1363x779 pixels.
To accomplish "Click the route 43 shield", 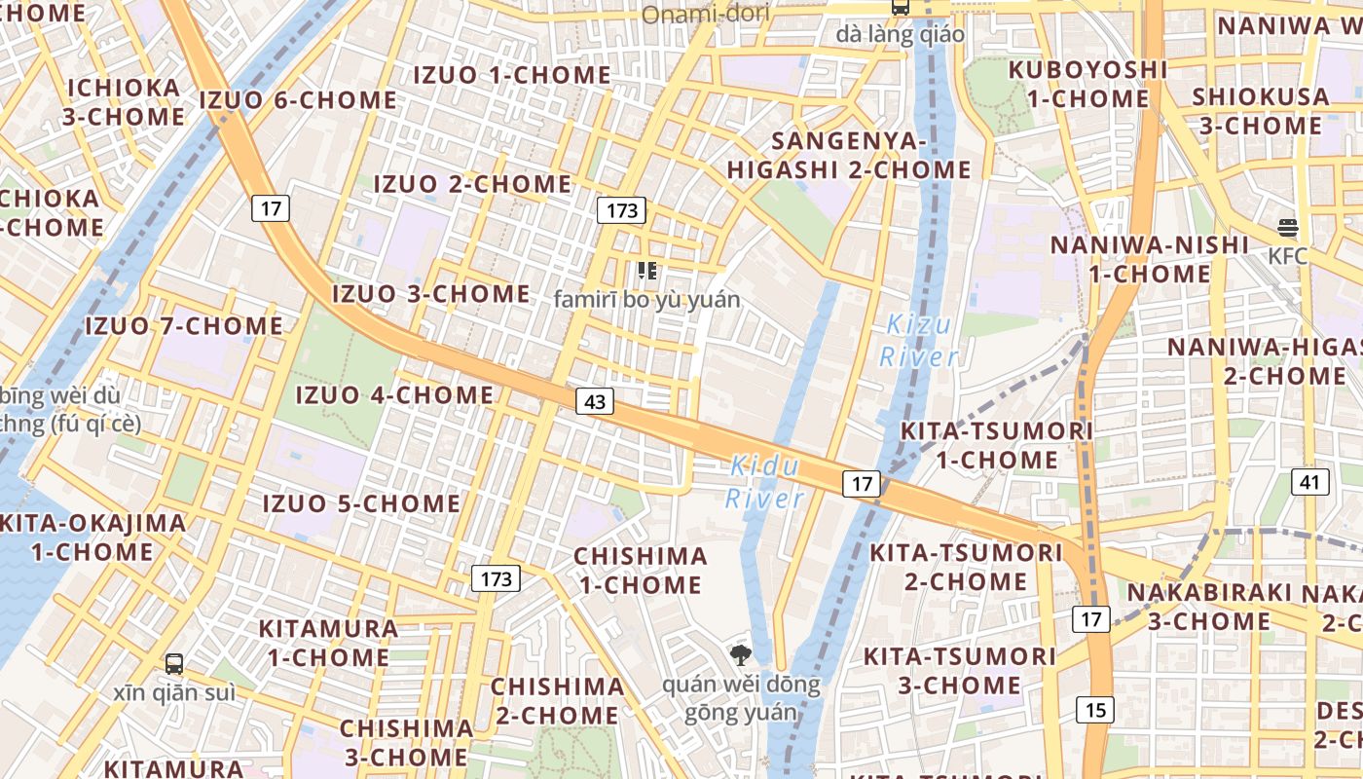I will pos(594,401).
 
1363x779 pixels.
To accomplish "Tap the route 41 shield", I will pos(1310,481).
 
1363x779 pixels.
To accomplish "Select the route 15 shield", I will pos(1095,710).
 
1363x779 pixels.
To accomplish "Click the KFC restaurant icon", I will pos(1288,229).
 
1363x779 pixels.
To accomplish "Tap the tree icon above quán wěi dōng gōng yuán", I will pos(740,654).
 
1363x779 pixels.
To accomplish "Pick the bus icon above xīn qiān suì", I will pos(174,664).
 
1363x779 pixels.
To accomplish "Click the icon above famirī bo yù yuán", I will pos(646,271).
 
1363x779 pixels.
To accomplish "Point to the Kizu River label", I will pos(918,341).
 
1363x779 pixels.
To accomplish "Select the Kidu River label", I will pos(765,482).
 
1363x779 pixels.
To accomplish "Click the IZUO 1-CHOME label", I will pos(512,75).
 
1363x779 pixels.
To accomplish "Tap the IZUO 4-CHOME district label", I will pos(394,394).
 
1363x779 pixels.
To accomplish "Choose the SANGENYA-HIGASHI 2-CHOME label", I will pos(849,156).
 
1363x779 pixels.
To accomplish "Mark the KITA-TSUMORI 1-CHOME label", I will pos(983,445).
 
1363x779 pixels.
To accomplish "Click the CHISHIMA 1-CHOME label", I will pos(641,571).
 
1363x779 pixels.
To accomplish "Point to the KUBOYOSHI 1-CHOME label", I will pos(1087,84).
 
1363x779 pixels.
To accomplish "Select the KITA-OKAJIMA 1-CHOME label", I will pos(92,537).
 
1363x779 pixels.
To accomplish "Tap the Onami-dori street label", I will pos(706,14).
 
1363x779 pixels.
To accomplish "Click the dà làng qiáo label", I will pos(900,35).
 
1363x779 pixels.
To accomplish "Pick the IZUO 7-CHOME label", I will pos(184,325).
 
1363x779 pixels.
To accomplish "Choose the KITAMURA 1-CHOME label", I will pos(328,643).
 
